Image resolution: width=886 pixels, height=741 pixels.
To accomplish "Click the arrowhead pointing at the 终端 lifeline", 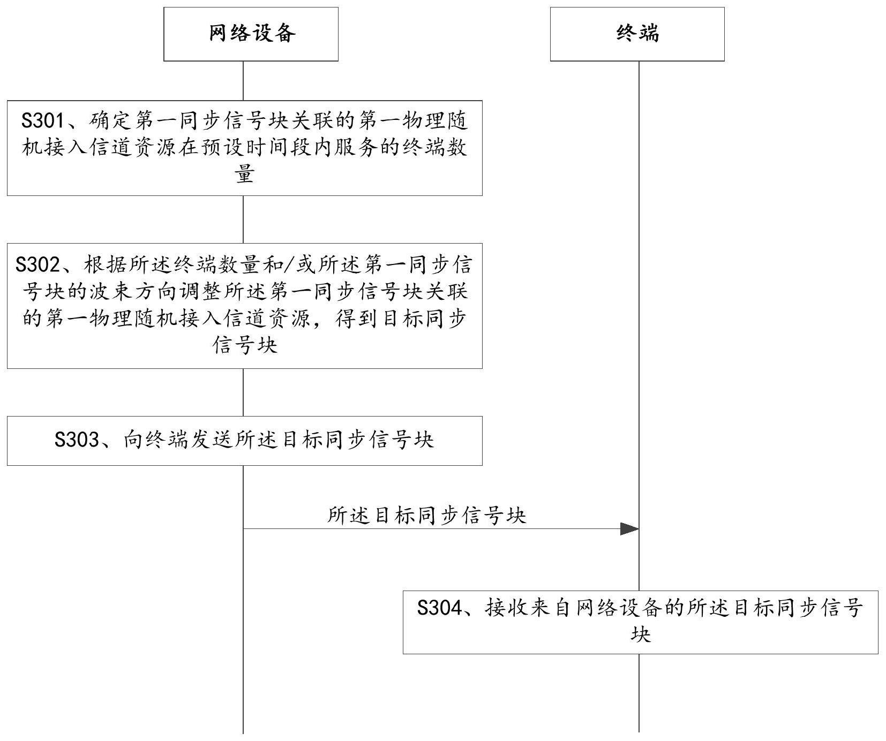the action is coord(629,529).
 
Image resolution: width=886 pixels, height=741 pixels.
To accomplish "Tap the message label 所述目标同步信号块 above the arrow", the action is coord(427,516).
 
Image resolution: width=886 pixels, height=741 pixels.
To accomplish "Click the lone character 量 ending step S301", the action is coord(245,174).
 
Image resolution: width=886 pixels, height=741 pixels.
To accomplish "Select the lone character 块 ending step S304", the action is coord(640,634).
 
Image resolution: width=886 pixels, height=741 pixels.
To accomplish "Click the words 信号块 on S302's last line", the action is coord(245,344).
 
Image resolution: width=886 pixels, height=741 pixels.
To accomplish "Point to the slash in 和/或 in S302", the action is coord(290,264).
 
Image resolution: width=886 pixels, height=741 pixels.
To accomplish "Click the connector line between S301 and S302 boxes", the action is coord(243,220).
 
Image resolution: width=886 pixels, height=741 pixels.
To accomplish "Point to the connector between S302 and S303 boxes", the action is coord(243,392).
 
